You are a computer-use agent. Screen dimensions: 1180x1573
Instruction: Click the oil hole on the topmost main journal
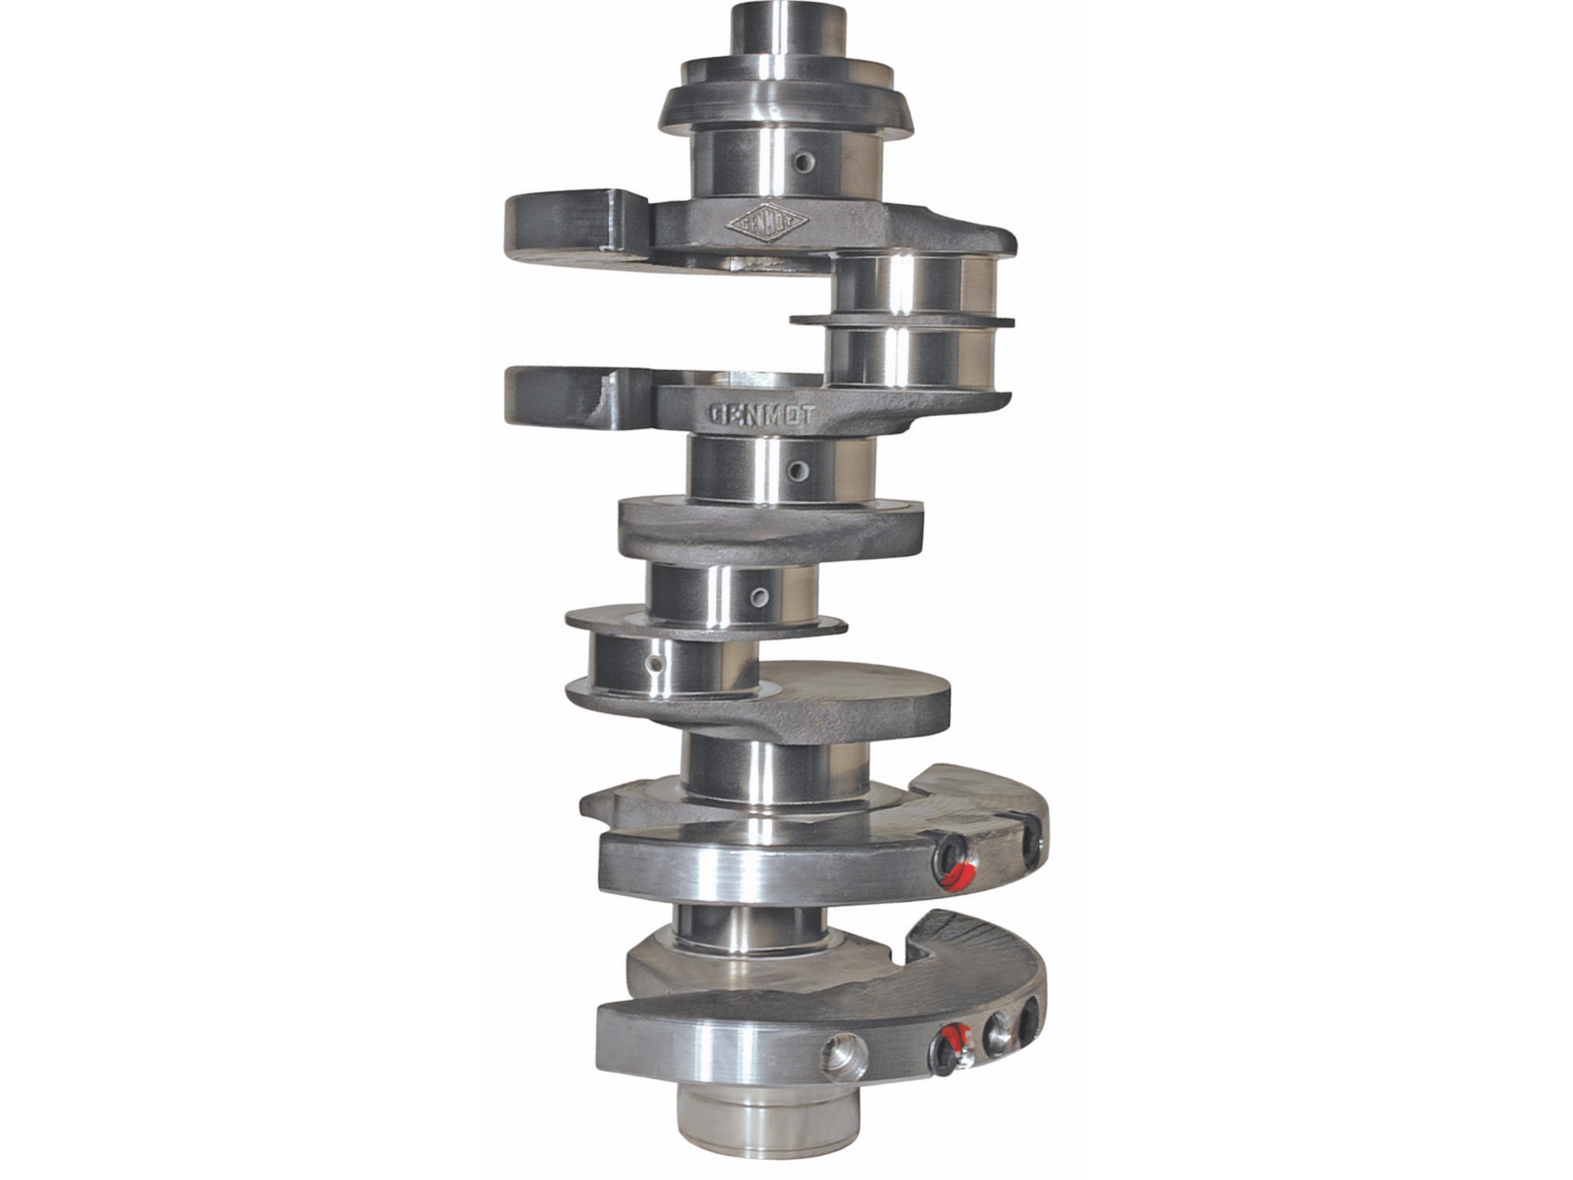(804, 162)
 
